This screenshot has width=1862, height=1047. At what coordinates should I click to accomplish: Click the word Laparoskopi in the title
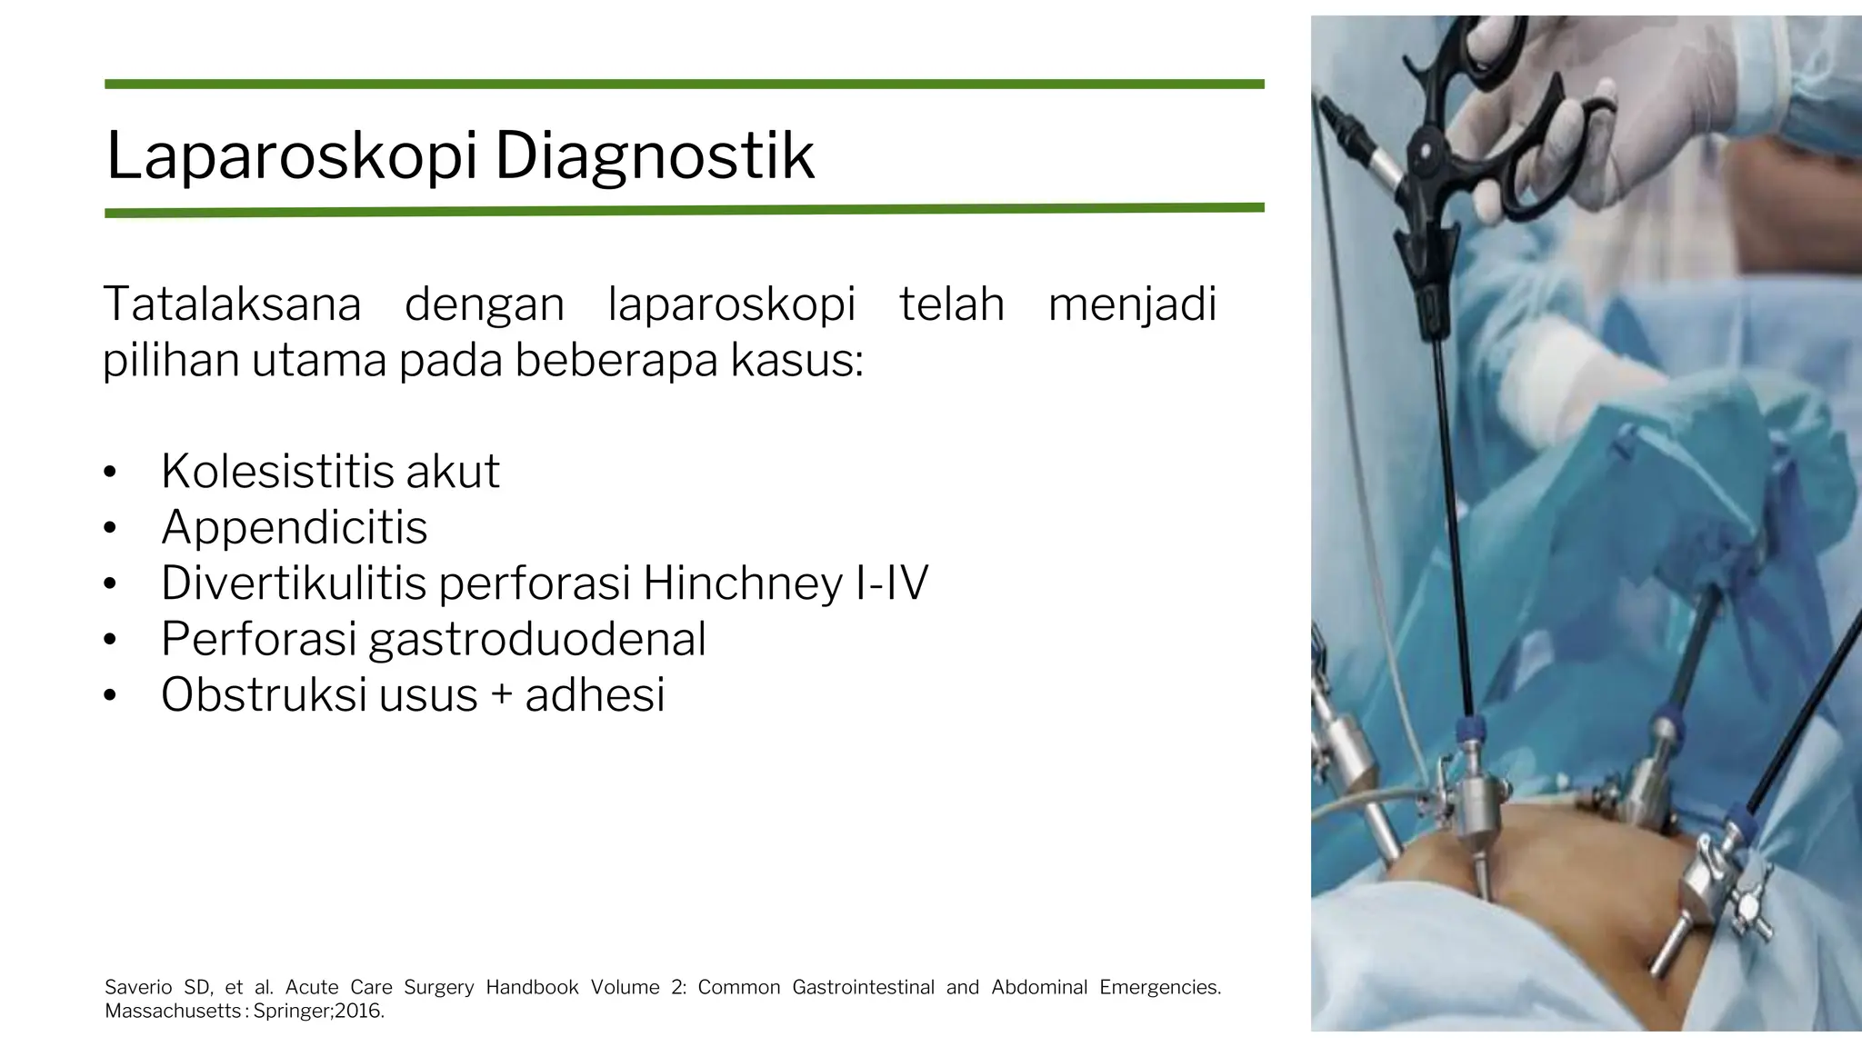291,156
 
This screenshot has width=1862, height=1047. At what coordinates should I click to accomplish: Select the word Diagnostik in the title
654,156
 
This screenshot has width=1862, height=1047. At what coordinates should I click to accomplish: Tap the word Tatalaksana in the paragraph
232,304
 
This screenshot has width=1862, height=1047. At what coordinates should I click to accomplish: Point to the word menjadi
1132,304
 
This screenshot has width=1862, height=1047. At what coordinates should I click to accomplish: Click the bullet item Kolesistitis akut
330,471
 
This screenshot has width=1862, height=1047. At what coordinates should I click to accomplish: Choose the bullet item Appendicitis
294,527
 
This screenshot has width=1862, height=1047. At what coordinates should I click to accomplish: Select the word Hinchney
741,583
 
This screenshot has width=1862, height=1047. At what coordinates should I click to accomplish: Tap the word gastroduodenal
537,639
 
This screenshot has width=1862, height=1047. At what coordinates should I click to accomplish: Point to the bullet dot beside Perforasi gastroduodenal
110,640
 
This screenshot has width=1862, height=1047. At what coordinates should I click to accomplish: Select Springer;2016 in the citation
318,1011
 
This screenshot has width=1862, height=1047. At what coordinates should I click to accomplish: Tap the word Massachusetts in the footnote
173,1011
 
